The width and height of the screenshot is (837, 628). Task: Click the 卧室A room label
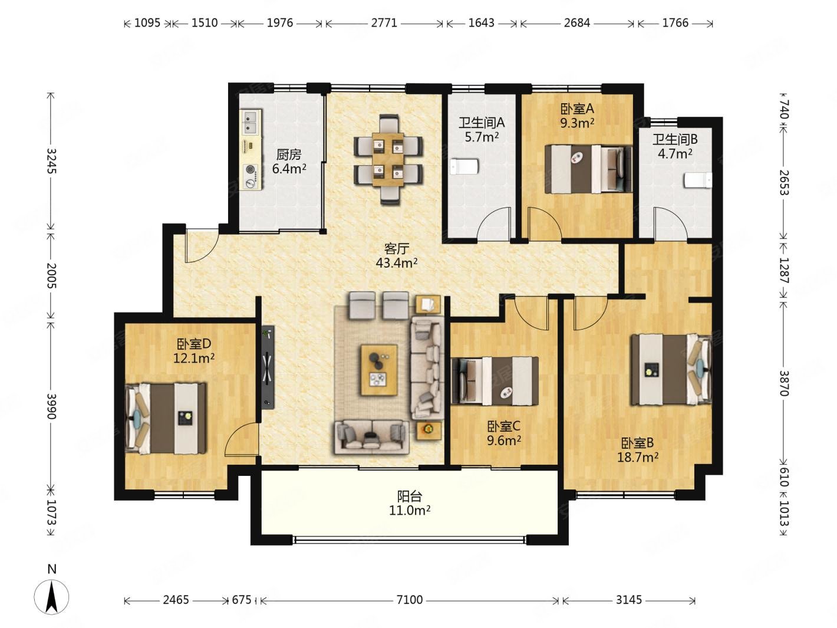(577, 109)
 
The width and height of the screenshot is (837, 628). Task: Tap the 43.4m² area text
(397, 263)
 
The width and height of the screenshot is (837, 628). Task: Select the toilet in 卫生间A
(464, 167)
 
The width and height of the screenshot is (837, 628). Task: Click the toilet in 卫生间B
(698, 180)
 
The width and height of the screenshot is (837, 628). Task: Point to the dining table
(388, 159)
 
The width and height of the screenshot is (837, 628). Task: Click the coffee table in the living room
(380, 370)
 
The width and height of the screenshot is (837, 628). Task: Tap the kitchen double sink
(250, 121)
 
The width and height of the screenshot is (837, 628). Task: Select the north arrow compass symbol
(51, 597)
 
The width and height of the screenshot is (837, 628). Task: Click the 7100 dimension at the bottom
(410, 600)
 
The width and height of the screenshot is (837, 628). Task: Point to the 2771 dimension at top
(384, 23)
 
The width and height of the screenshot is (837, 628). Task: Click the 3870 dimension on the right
(783, 383)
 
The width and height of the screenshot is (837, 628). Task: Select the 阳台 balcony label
(410, 496)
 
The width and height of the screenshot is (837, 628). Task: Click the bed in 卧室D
(166, 418)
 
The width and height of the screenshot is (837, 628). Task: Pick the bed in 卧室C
(495, 381)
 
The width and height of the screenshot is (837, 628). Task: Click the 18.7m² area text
(638, 457)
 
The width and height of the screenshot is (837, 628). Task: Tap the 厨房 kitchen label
(289, 154)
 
